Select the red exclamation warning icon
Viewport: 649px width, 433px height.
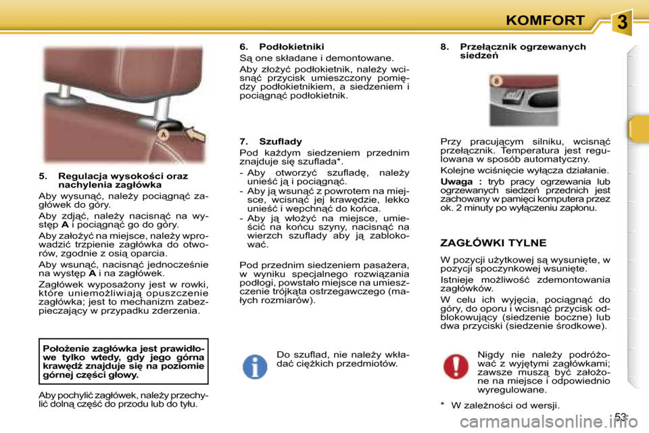point(456,366)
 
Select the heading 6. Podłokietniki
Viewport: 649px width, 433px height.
point(282,47)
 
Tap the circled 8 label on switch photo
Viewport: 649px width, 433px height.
point(496,81)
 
